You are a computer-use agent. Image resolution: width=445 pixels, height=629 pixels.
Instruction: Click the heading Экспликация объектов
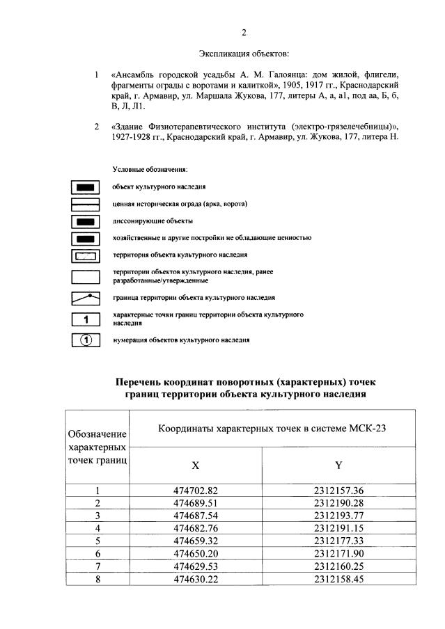coord(243,53)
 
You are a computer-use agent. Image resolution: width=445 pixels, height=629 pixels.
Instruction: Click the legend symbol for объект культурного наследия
coord(86,187)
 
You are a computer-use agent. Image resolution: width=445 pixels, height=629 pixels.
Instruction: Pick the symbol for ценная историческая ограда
coord(86,204)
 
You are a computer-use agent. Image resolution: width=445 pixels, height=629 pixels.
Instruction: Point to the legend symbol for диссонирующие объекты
coord(86,221)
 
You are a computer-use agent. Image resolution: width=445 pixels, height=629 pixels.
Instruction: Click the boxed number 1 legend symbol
coord(86,320)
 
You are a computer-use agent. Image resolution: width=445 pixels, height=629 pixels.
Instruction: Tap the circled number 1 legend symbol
coord(86,340)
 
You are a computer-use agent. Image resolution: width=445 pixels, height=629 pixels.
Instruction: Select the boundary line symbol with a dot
coord(86,298)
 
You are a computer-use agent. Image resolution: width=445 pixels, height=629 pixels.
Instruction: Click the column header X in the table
coord(196,465)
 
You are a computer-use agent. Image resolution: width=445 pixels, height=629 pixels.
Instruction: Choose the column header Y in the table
coord(338,465)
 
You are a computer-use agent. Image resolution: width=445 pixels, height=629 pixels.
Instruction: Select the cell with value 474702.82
coord(196,491)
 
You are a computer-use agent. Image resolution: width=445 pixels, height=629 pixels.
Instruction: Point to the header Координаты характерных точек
coord(272,429)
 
